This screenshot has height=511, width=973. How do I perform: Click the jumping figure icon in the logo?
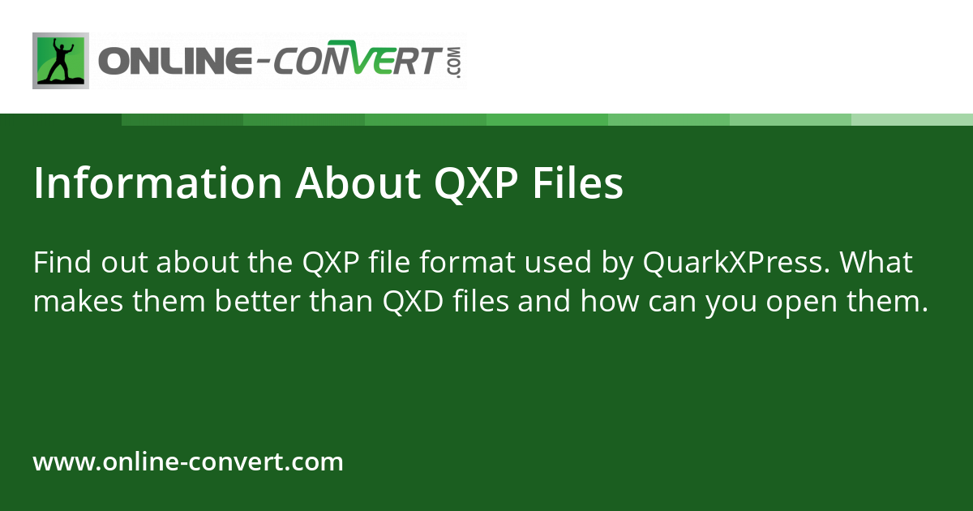(61, 61)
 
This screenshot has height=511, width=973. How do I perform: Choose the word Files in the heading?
(578, 184)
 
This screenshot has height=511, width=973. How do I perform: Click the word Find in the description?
(63, 263)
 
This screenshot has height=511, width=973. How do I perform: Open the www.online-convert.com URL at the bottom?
(188, 462)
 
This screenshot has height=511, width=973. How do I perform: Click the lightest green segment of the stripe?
(912, 119)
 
